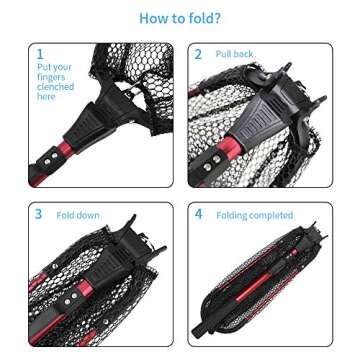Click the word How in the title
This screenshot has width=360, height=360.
coord(152,18)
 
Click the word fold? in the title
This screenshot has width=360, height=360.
coord(205,18)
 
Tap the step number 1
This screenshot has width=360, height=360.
coord(40,54)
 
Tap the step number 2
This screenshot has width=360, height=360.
coord(197,54)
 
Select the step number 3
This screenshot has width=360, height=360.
coord(39,214)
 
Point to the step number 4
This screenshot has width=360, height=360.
coord(198,214)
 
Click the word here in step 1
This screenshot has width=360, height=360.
coord(46,97)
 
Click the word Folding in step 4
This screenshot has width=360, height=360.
coord(232,215)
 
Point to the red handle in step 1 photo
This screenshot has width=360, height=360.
coord(52,164)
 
